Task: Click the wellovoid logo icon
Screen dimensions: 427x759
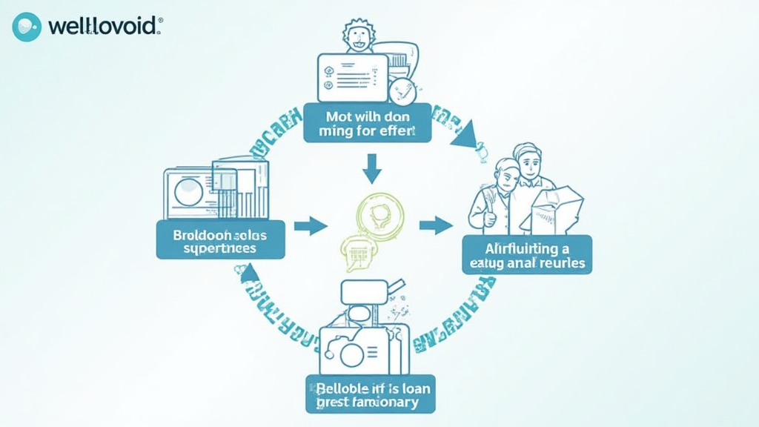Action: (27, 27)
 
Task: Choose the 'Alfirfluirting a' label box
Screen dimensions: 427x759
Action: (527, 254)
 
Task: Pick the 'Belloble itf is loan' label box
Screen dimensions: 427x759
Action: (370, 393)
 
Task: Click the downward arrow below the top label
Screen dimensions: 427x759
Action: (371, 170)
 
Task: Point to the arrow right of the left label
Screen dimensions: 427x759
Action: (311, 225)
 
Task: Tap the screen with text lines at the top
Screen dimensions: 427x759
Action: (351, 78)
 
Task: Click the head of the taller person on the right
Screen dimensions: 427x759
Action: (528, 159)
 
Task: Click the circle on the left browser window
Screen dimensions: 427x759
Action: (188, 192)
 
